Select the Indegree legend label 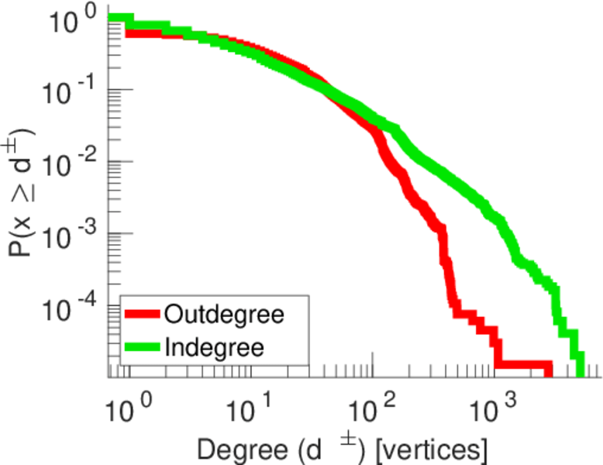(x=215, y=346)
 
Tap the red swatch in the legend (x=143, y=315)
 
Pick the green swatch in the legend (x=143, y=346)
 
